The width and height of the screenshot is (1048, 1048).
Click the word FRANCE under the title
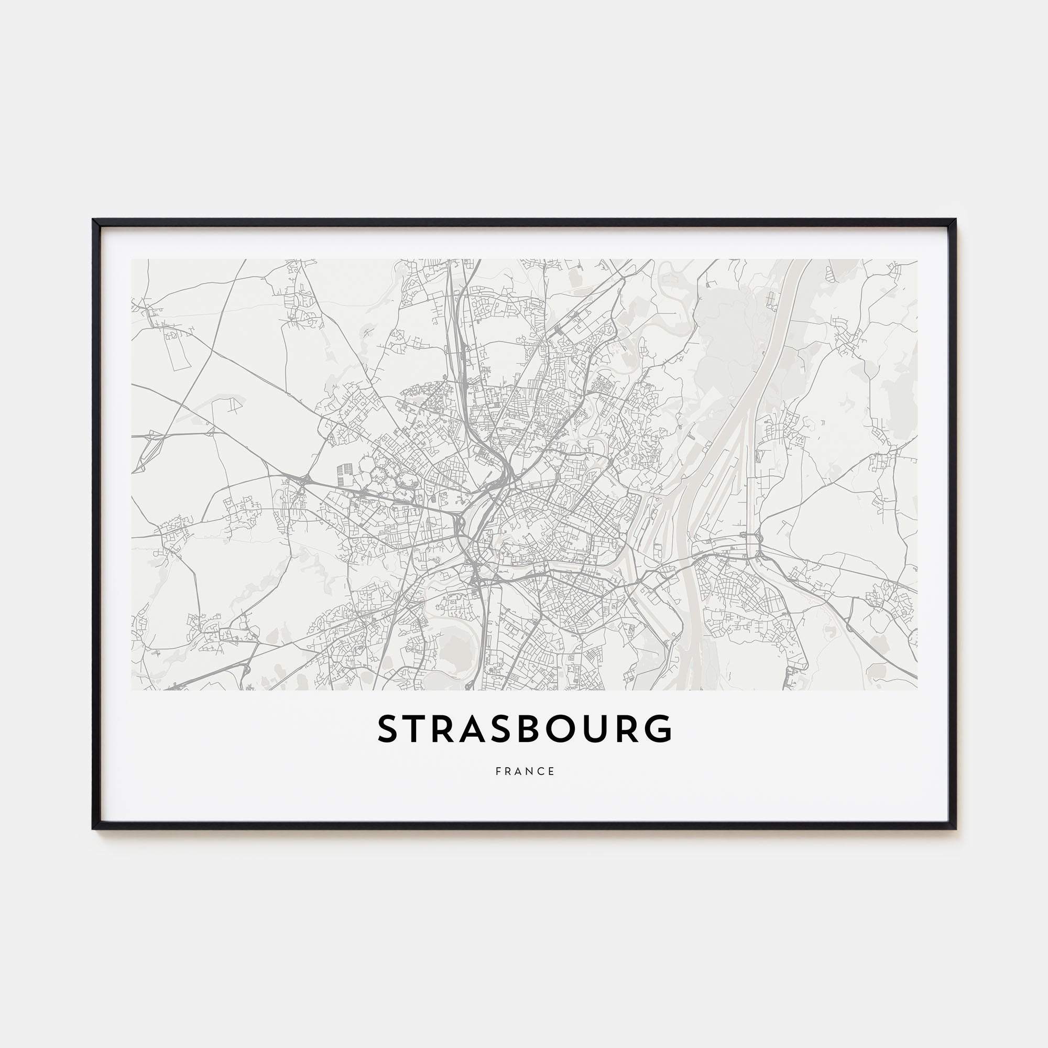coord(525,771)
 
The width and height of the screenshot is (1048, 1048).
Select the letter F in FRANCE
coord(498,771)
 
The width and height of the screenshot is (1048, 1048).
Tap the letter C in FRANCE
coord(541,771)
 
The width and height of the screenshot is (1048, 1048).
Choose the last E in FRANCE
coord(552,771)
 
